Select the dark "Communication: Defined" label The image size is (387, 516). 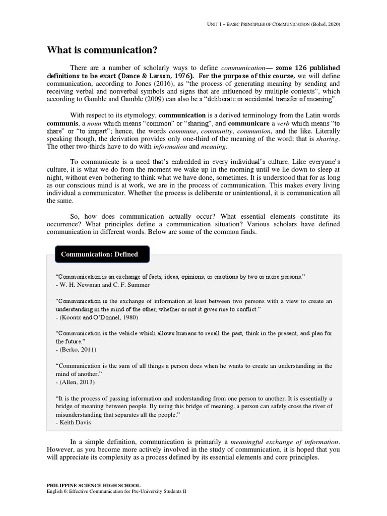pyautogui.click(x=99, y=254)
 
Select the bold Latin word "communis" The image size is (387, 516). pyautogui.click(x=63, y=123)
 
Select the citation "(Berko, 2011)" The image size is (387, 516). pyautogui.click(x=74, y=350)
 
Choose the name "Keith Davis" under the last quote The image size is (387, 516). pyautogui.click(x=73, y=422)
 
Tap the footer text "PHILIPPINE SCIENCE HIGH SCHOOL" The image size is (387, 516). pyautogui.click(x=94, y=485)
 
